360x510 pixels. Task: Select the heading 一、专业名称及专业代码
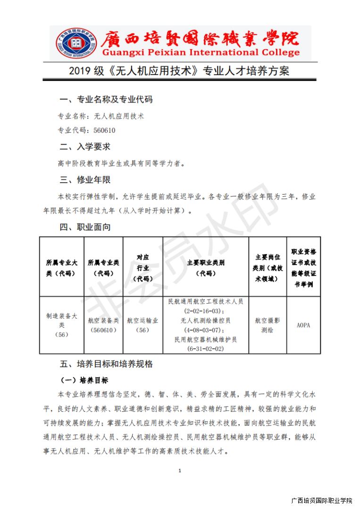[x=106, y=100]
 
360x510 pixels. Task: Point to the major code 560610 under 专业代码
[x=105, y=131]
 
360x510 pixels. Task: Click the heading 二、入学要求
[x=85, y=147]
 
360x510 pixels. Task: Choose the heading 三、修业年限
[x=85, y=179]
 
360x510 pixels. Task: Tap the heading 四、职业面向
[x=85, y=227]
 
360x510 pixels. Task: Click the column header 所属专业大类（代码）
[x=61, y=267]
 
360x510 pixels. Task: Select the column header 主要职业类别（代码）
[x=205, y=267]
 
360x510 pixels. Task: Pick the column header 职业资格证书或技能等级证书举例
[x=304, y=267]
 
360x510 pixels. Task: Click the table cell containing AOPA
[x=304, y=325]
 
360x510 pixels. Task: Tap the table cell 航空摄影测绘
[x=268, y=325]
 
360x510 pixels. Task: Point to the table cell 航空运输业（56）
[x=142, y=325]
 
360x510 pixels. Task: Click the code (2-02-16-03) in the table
[x=205, y=311]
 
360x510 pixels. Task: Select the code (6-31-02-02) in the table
[x=205, y=348]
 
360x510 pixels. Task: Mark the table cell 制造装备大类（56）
[x=61, y=325]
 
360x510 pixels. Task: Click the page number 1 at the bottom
[x=180, y=470]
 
